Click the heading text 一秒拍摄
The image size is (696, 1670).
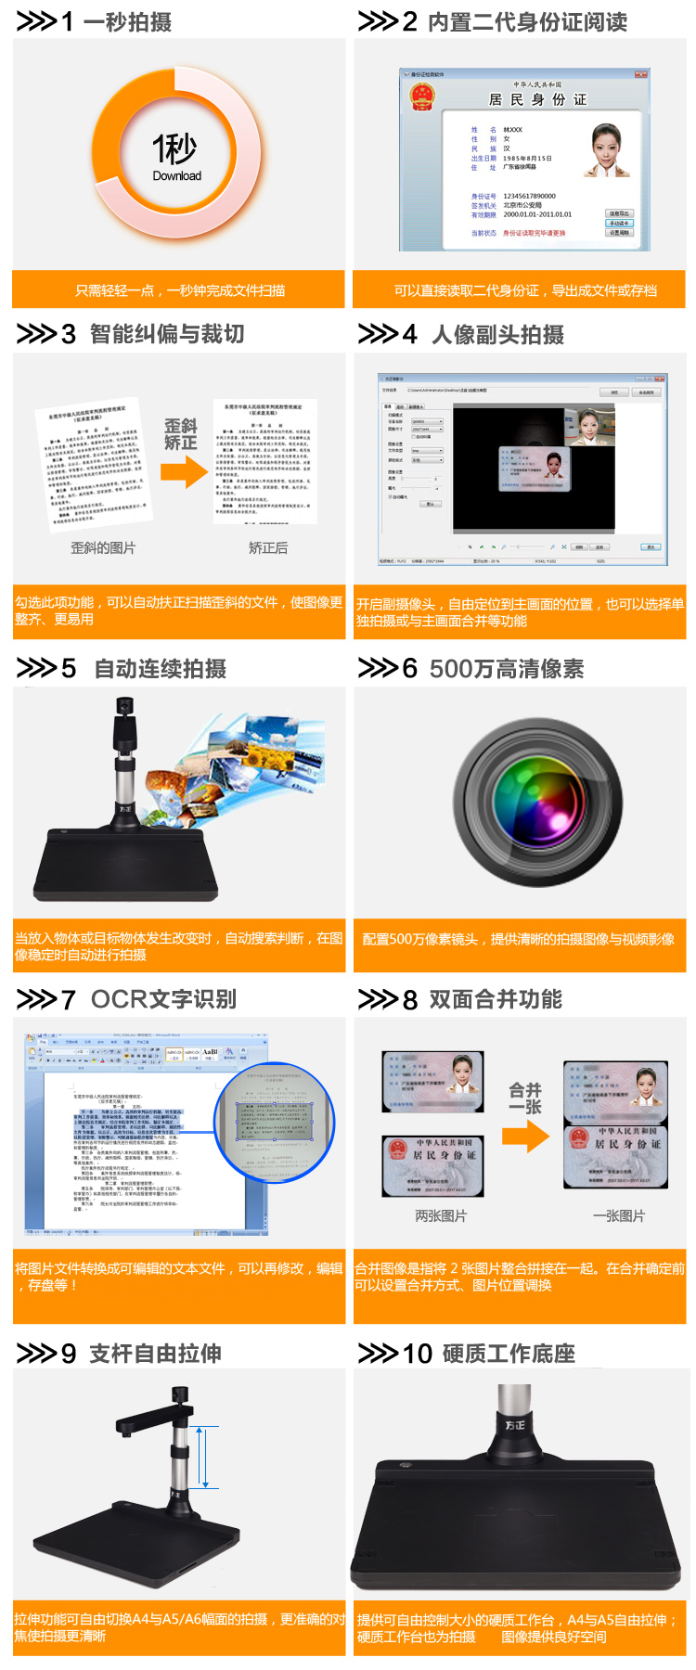(x=127, y=21)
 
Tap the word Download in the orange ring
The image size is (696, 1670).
(x=176, y=175)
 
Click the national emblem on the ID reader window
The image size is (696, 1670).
(x=422, y=96)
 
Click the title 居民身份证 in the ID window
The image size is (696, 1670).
(x=537, y=99)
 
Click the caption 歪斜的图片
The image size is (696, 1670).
(x=103, y=547)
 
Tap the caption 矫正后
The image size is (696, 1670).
(x=268, y=547)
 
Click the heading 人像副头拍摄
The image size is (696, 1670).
(x=497, y=334)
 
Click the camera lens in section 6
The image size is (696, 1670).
(x=539, y=803)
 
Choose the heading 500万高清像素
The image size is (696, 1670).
(x=507, y=669)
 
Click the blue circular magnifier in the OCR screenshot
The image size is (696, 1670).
(x=274, y=1122)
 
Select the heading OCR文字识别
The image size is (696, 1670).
(x=163, y=999)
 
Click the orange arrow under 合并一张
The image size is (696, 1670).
(x=525, y=1137)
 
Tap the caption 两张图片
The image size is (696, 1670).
(x=441, y=1215)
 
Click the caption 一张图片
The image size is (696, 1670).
(x=619, y=1215)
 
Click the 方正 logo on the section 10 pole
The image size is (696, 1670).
(x=515, y=1424)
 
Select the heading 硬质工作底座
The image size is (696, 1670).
(x=509, y=1354)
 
